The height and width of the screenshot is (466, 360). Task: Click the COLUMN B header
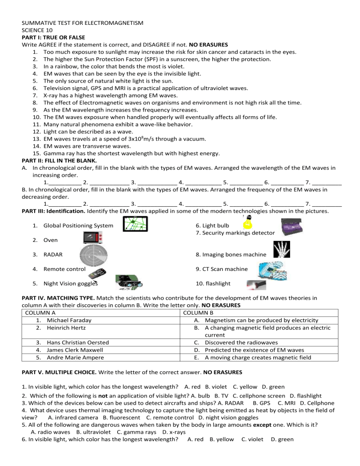(198, 313)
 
